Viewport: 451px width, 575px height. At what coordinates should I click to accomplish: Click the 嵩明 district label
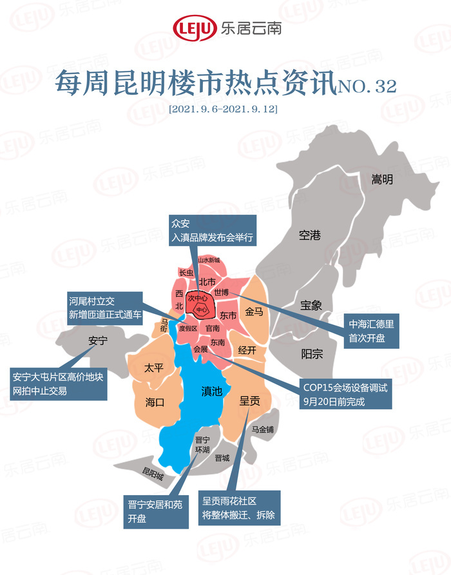[x=382, y=180]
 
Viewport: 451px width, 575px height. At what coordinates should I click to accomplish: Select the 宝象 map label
[x=311, y=305]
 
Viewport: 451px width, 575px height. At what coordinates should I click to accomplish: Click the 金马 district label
[x=254, y=312]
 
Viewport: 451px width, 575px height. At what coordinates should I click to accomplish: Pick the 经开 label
[x=247, y=350]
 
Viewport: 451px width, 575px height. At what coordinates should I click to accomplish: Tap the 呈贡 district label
[x=249, y=401]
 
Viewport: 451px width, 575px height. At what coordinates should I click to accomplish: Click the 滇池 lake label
[x=212, y=391]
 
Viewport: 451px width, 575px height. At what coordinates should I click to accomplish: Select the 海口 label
[x=155, y=402]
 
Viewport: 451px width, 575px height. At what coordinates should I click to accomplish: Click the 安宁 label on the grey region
[x=97, y=341]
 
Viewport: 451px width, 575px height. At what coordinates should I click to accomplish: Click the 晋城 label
[x=223, y=457]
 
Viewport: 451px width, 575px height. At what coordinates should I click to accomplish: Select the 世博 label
[x=230, y=292]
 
